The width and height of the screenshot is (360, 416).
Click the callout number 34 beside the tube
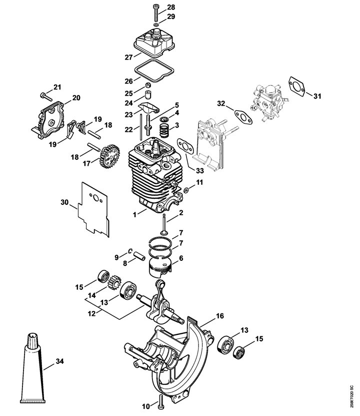click(x=60, y=361)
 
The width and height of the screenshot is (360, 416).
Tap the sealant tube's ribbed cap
click(x=33, y=339)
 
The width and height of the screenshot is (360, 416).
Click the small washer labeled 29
click(x=156, y=25)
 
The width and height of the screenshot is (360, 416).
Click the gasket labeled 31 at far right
click(x=297, y=87)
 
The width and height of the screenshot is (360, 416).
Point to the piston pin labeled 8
click(x=139, y=256)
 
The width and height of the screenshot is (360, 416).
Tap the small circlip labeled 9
click(x=130, y=251)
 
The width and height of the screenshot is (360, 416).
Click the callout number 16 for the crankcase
click(x=219, y=316)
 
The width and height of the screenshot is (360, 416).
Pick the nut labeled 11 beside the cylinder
click(x=186, y=190)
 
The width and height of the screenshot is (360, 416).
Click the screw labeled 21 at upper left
click(x=46, y=97)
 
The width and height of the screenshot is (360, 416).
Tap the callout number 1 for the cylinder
click(x=135, y=215)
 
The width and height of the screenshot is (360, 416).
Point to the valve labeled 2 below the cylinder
click(x=164, y=225)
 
